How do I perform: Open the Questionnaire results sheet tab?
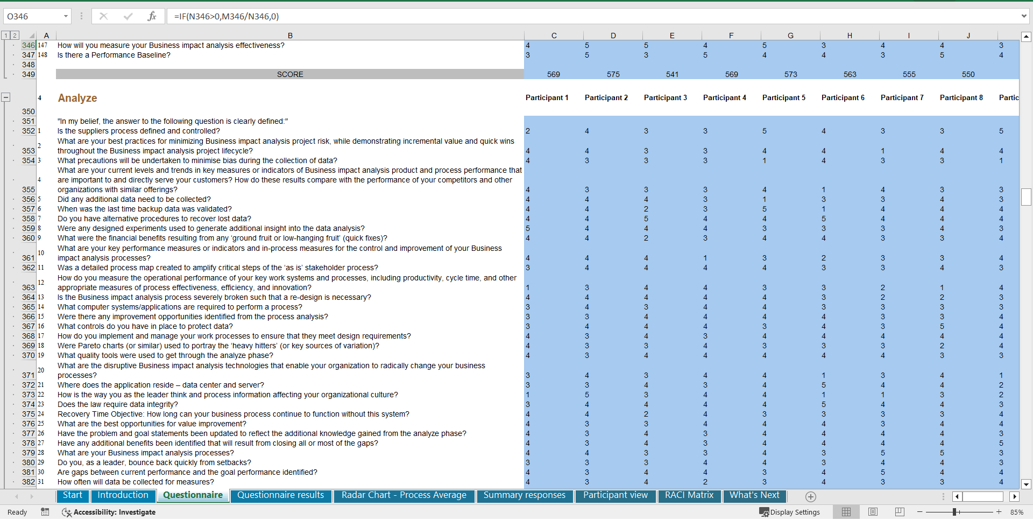coord(280,495)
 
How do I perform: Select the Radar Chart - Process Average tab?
coord(404,495)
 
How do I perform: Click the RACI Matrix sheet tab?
coord(689,495)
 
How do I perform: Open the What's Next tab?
coord(754,495)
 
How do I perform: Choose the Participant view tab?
coord(615,495)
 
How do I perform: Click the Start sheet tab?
coord(73,495)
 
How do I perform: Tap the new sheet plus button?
coord(811,497)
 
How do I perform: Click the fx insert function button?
coord(152,16)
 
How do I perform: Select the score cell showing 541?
coord(672,74)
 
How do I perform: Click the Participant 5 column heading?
coord(783,97)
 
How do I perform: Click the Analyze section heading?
coord(77,98)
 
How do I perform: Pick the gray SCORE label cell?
coord(290,74)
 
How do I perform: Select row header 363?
coord(28,287)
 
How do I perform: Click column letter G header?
coord(790,36)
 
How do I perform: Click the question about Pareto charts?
coord(218,346)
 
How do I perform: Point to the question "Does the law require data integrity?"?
coord(117,404)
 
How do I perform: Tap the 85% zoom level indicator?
coord(1016,512)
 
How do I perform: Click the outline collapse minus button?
coord(6,97)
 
